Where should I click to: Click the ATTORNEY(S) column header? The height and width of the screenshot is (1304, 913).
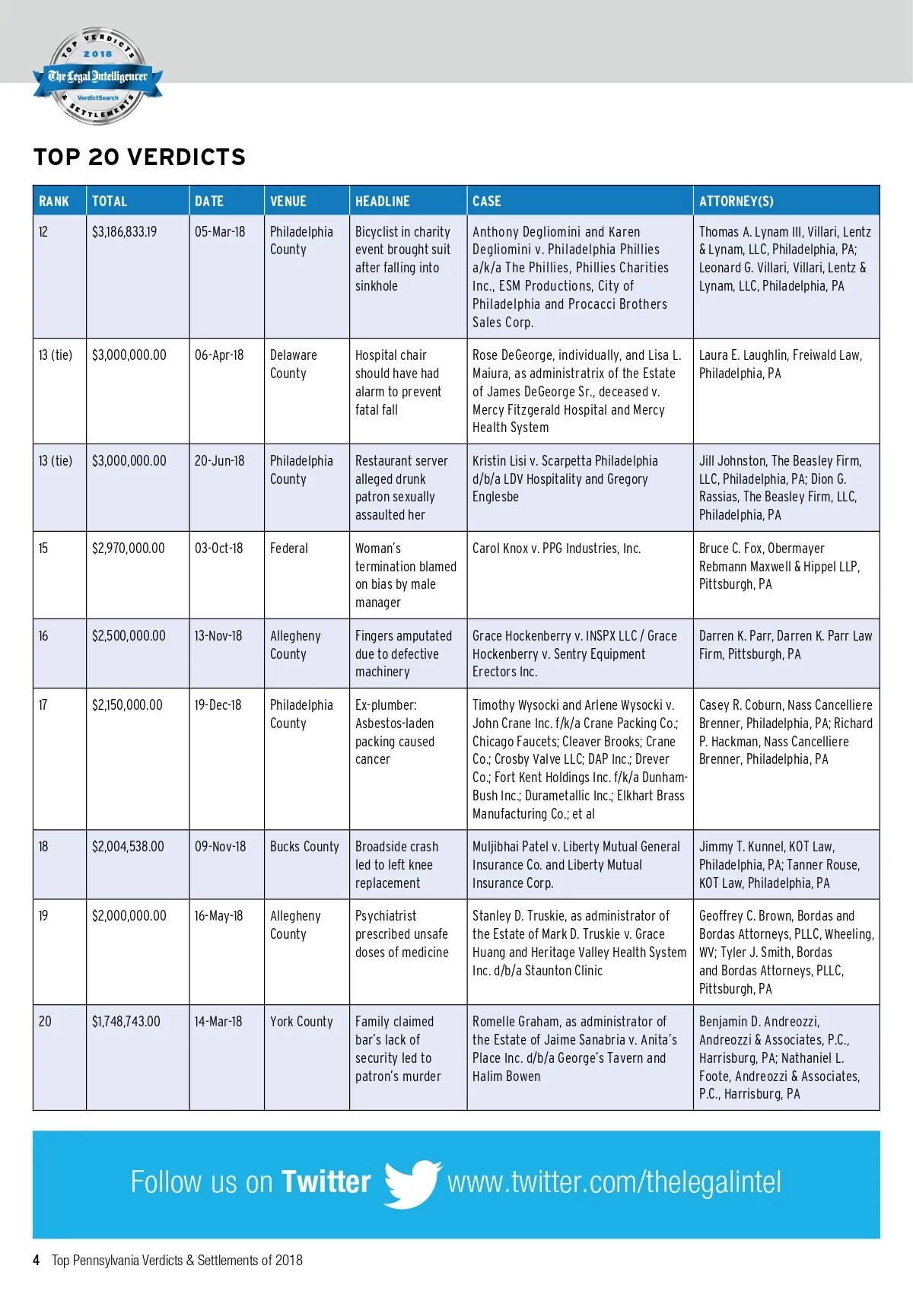pos(736,202)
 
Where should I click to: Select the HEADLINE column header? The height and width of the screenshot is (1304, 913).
pos(382,202)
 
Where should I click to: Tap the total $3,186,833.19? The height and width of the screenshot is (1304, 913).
pos(125,232)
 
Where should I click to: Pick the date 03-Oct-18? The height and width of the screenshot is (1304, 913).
pos(218,549)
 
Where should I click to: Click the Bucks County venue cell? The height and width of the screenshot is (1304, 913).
pos(304,847)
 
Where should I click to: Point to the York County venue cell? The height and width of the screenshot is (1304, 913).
pos(301,1022)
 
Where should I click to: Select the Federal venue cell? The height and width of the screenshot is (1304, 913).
pos(289,549)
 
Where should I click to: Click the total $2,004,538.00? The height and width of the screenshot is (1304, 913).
pos(128,847)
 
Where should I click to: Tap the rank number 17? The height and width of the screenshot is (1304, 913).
pos(43,705)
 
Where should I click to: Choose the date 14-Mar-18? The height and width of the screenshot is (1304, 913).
pos(218,1022)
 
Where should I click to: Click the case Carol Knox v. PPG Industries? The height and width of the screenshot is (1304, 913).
pos(556,549)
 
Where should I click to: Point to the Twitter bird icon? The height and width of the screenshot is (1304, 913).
pos(412,1183)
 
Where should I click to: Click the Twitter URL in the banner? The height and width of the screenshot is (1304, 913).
pos(614,1182)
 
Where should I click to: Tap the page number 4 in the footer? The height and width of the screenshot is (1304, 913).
pos(36,1261)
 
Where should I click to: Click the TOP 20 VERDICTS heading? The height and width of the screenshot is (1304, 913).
pos(139,157)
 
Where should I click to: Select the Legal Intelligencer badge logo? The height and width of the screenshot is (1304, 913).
pos(97,77)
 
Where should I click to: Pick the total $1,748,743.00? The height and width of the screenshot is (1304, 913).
pos(126,1022)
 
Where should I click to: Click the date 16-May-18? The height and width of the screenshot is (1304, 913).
pos(218,916)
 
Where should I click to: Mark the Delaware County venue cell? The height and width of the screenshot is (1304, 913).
pos(293,364)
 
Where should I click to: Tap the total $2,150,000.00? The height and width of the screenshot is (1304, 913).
pos(127,705)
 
